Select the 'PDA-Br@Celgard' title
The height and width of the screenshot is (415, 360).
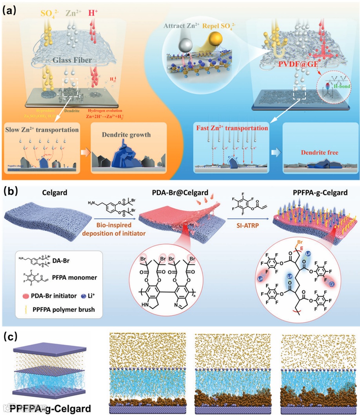176,195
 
